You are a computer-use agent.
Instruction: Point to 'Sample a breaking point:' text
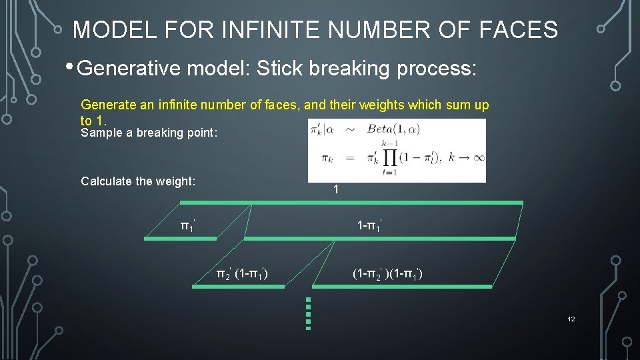click(x=149, y=133)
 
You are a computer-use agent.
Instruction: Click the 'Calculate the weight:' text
click(x=138, y=181)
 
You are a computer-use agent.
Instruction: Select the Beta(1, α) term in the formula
click(x=393, y=130)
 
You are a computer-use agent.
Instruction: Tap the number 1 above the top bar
click(x=336, y=190)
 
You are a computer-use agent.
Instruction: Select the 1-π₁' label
click(x=369, y=226)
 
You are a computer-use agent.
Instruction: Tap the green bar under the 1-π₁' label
click(x=380, y=238)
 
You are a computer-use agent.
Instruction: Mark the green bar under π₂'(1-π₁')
click(x=239, y=286)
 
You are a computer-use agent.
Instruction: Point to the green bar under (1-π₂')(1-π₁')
click(x=402, y=286)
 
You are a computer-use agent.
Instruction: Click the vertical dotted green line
click(x=308, y=313)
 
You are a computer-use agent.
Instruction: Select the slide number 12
click(x=571, y=319)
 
